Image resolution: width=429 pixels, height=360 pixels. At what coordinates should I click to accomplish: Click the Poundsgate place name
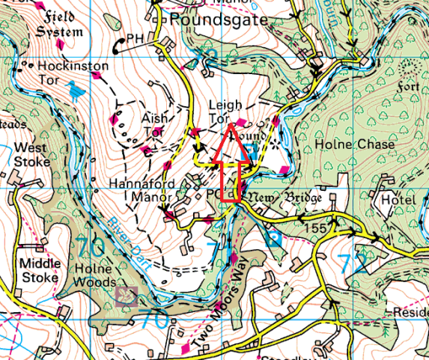(219, 20)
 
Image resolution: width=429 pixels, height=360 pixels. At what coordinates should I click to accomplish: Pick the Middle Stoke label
(39, 271)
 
